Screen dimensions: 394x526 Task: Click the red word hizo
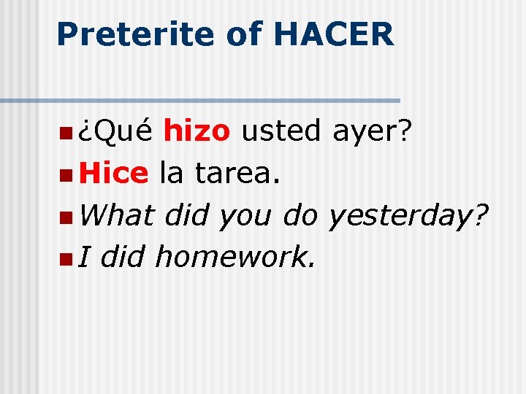197,132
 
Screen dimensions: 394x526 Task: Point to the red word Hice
114,174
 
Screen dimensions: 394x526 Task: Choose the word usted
281,132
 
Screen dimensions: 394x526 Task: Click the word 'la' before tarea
171,174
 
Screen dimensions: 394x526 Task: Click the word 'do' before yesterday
301,215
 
